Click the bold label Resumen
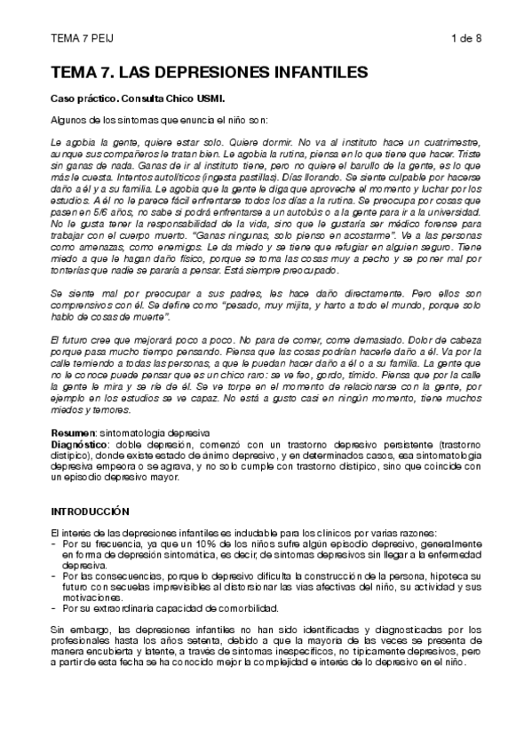coord(69,430)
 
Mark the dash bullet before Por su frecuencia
coord(55,543)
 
